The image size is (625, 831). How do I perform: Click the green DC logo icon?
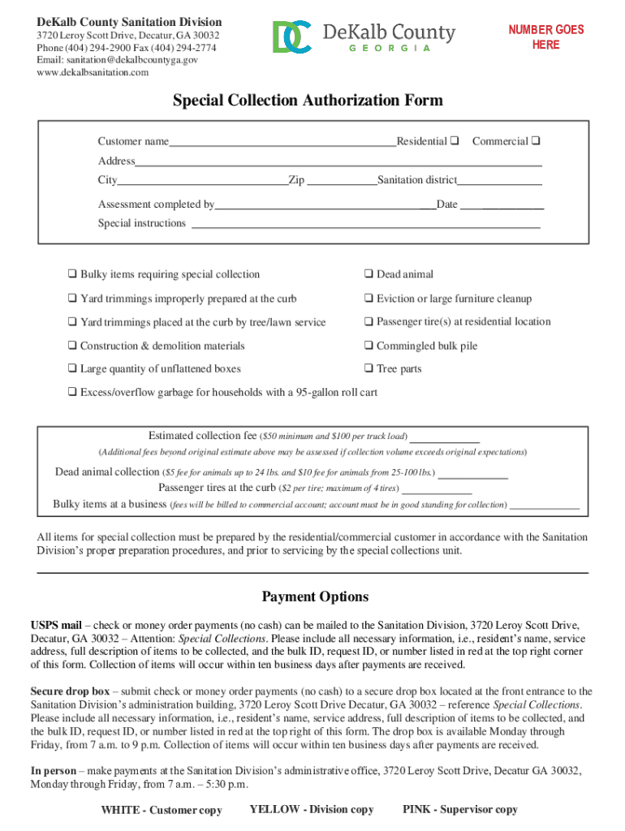pyautogui.click(x=291, y=37)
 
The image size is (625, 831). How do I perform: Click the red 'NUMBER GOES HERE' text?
pyautogui.click(x=546, y=37)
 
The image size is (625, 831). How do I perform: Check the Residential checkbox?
pyautogui.click(x=455, y=141)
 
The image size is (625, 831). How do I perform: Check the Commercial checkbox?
pyautogui.click(x=537, y=141)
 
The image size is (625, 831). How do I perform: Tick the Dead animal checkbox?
pyautogui.click(x=369, y=274)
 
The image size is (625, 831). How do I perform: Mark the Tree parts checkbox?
pyautogui.click(x=369, y=369)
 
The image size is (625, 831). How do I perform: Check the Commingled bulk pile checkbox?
pyautogui.click(x=369, y=346)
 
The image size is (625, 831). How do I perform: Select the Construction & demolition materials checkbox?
pyautogui.click(x=72, y=346)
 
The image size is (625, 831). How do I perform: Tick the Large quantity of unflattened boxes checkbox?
pyautogui.click(x=72, y=369)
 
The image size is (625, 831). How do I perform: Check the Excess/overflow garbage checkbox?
pyautogui.click(x=72, y=393)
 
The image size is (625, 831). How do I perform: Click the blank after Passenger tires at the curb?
pyautogui.click(x=437, y=490)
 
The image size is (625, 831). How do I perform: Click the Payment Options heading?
pyautogui.click(x=315, y=597)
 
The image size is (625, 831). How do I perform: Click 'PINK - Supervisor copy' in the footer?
pyautogui.click(x=459, y=810)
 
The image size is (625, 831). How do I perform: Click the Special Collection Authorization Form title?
pyautogui.click(x=308, y=101)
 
